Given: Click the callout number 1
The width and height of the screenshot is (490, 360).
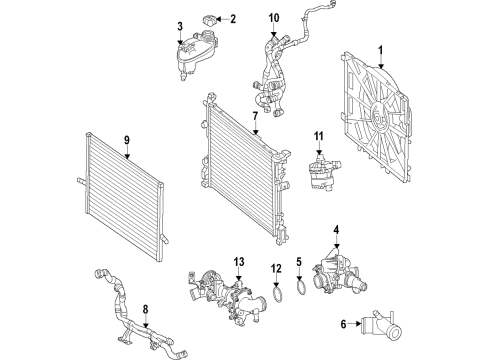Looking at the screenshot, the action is (x=381, y=51).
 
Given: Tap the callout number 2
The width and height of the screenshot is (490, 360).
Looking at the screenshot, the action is (x=233, y=19).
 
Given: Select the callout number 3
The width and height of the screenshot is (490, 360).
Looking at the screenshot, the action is (x=180, y=26).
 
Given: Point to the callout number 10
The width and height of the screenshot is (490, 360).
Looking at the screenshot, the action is (x=274, y=18).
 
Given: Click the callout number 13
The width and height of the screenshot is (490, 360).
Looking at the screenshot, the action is (x=239, y=262).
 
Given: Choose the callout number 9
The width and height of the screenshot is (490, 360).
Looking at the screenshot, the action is (x=127, y=140).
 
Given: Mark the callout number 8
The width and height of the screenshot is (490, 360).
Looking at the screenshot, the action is (x=145, y=310).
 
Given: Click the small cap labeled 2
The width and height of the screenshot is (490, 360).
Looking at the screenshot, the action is (x=209, y=20).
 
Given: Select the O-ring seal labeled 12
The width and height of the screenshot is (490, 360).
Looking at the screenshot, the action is (x=277, y=294).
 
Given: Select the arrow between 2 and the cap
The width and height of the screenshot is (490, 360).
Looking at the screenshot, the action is (x=222, y=19).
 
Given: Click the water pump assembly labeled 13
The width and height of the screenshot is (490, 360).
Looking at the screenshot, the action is (x=227, y=297).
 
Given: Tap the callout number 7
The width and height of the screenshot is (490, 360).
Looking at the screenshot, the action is (x=255, y=116).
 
